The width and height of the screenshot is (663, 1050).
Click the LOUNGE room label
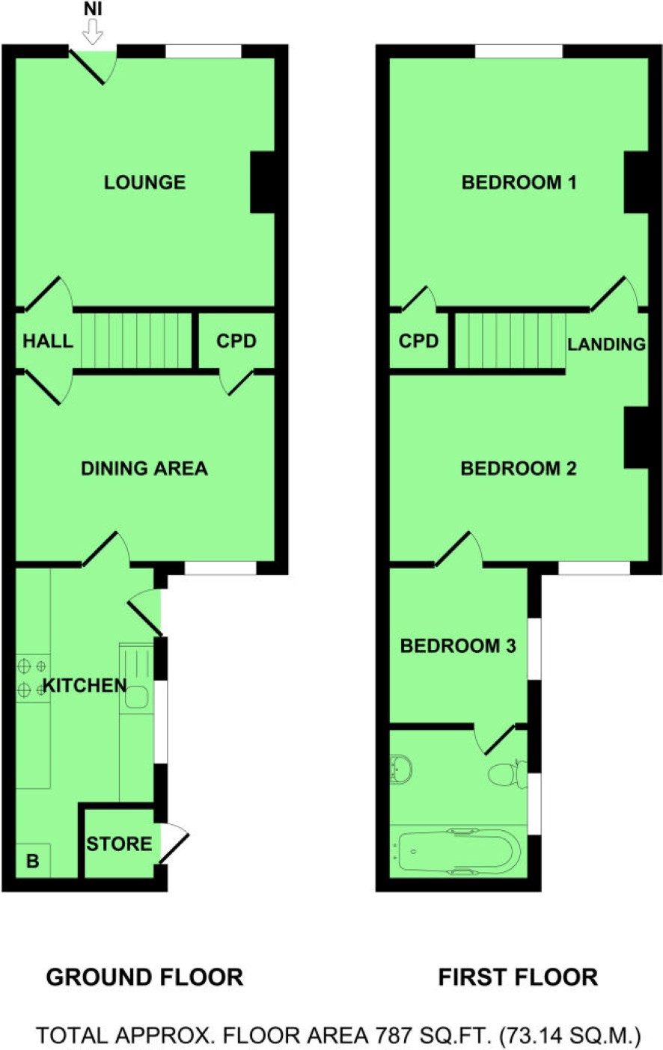[x=144, y=182]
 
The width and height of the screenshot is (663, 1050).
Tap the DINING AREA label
[x=144, y=468]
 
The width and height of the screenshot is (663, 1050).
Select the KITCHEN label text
[x=85, y=685]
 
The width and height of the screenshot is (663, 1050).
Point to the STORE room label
[x=119, y=844]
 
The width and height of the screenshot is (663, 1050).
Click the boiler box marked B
[x=33, y=860]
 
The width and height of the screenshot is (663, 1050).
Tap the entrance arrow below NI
[x=93, y=32]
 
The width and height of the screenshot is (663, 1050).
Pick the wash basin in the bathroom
[x=401, y=768]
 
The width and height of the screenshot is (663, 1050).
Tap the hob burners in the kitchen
[x=33, y=678]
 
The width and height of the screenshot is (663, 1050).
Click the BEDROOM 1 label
[x=519, y=182]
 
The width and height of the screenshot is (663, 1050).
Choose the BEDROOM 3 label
[x=458, y=646]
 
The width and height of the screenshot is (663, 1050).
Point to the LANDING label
[x=607, y=345]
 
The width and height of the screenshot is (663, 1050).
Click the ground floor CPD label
[x=236, y=341]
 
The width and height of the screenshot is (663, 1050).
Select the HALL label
[x=48, y=341]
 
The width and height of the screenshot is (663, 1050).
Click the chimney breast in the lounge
[x=262, y=182]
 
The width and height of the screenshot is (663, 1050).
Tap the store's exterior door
[x=174, y=843]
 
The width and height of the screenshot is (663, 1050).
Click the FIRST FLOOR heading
[x=518, y=977]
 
